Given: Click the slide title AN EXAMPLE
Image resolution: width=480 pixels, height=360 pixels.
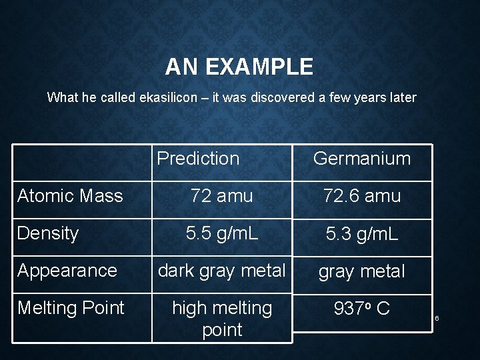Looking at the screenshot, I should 239,67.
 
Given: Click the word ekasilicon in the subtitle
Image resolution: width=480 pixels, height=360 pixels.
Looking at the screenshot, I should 169,98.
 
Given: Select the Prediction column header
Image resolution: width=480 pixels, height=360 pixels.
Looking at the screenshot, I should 198,159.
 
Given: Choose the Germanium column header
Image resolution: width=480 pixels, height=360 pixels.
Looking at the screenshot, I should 362,159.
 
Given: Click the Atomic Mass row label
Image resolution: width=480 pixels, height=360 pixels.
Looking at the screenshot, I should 70,196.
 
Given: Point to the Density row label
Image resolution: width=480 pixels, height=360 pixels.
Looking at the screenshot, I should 48,233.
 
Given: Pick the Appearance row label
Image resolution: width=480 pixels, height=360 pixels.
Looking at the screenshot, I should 67,271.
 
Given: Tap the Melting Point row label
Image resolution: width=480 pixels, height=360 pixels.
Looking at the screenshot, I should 71,308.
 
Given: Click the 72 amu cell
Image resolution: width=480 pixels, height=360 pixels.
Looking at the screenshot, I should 221,196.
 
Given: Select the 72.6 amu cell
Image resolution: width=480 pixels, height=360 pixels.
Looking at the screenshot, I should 362,196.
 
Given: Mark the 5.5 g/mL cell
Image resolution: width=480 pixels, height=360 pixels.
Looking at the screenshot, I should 221,233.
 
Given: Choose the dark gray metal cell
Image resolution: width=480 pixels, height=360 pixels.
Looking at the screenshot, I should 221,270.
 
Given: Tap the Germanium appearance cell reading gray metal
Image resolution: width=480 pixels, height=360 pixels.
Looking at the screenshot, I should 362,271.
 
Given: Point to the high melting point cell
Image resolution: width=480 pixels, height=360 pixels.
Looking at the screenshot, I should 221,319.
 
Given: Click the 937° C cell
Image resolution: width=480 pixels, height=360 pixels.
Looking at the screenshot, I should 362,309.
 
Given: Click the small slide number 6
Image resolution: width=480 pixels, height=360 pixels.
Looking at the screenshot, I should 437,318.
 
